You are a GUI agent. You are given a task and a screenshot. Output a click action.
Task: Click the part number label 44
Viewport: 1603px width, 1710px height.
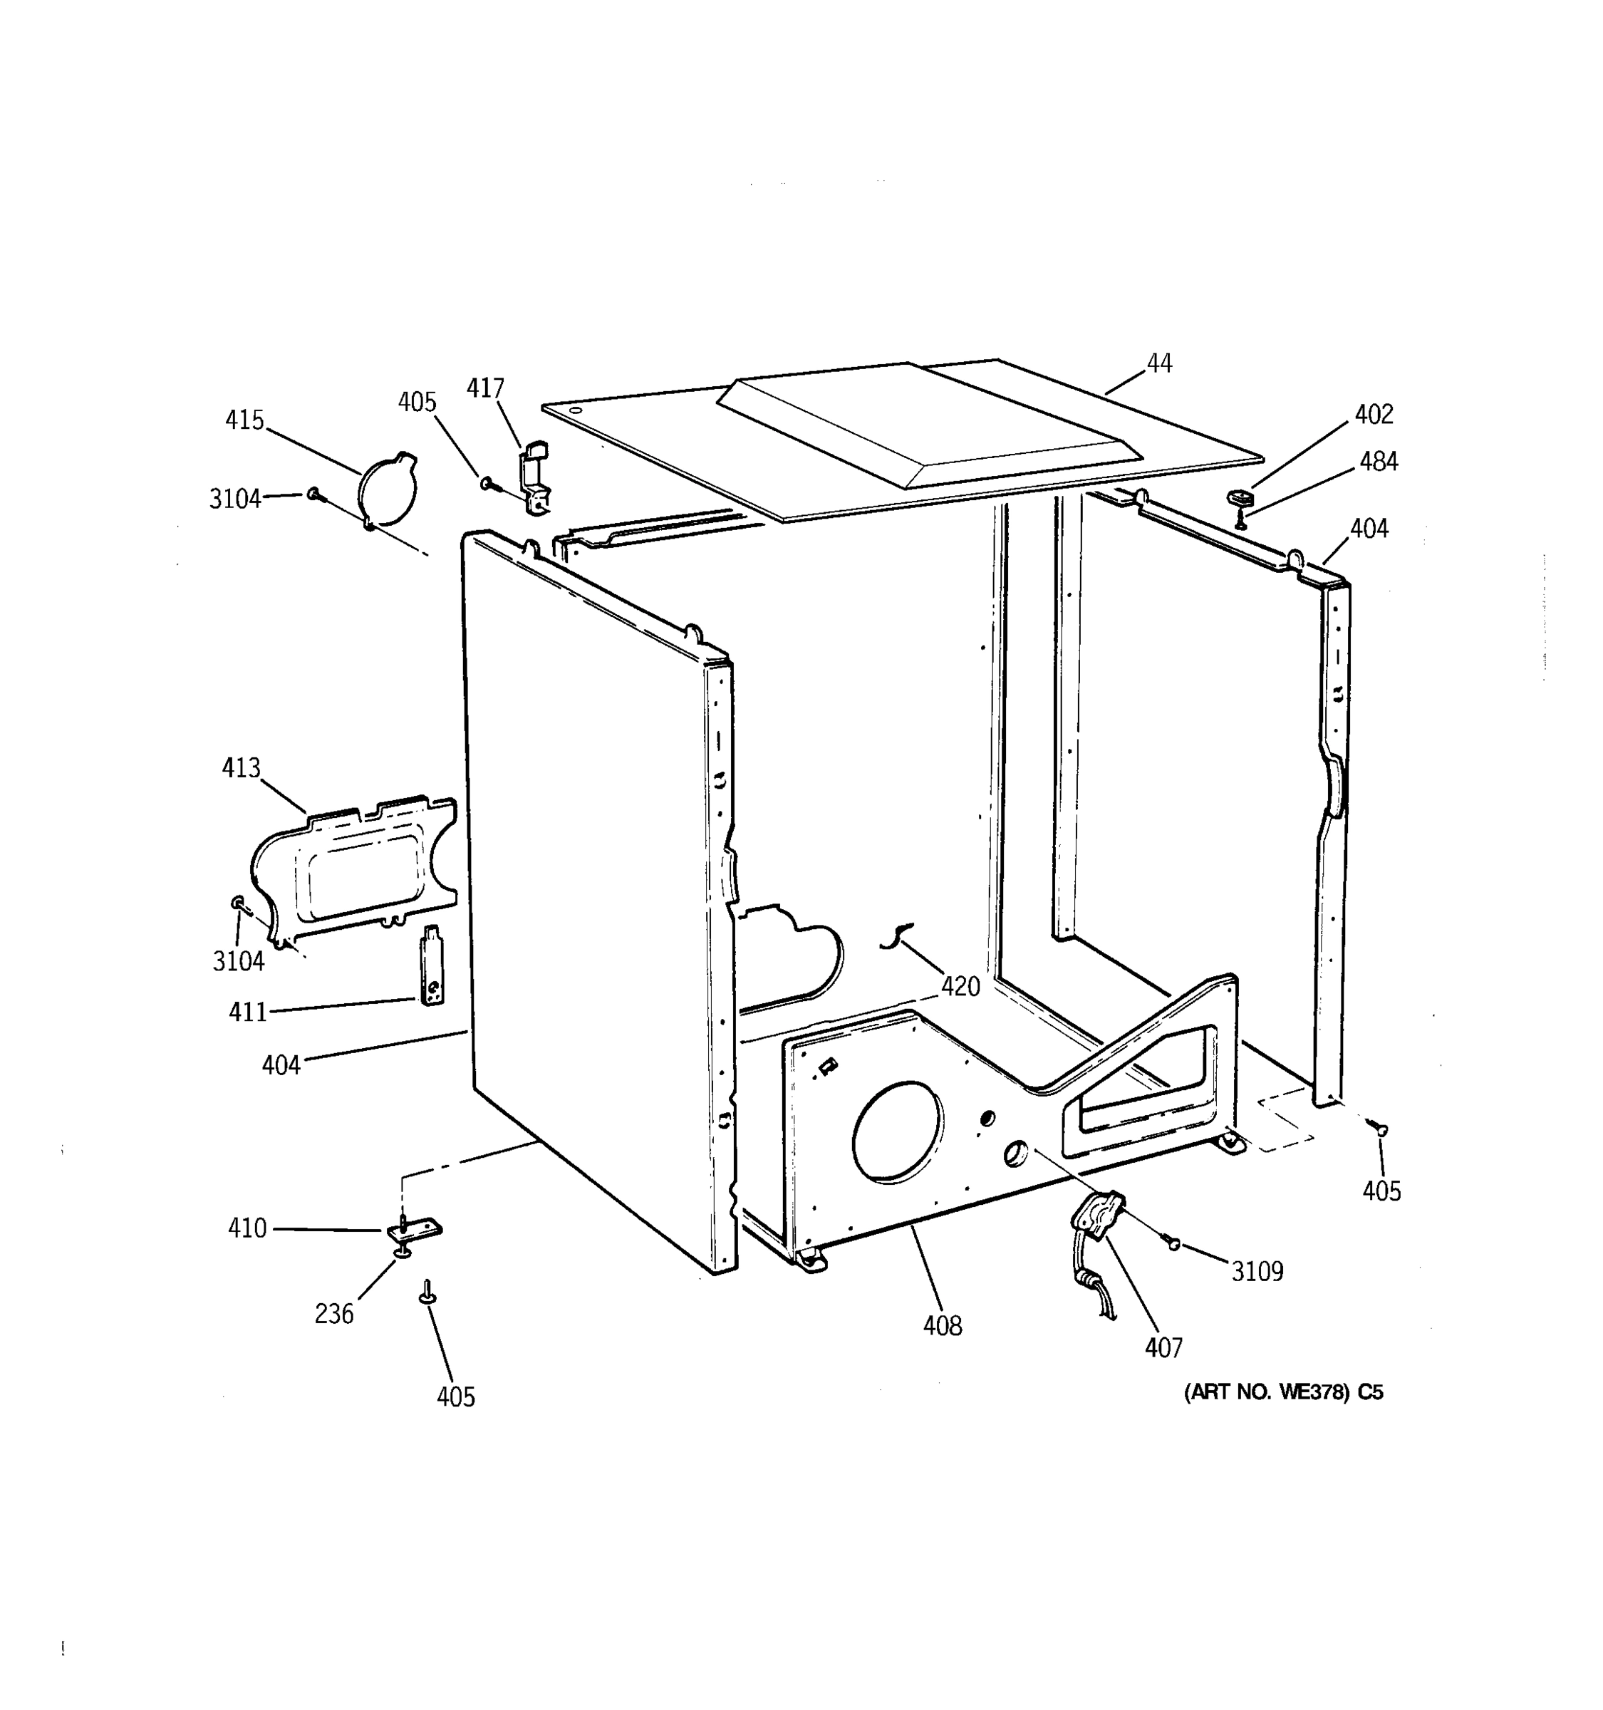pos(1158,364)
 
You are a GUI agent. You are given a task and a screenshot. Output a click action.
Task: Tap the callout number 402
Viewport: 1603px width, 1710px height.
pos(1374,415)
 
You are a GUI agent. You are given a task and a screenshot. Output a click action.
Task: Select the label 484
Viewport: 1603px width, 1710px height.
pos(1379,462)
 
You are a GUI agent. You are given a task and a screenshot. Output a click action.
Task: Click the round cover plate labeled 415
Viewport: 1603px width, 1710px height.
pos(387,490)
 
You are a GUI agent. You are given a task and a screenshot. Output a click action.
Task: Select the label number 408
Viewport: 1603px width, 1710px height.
pos(943,1327)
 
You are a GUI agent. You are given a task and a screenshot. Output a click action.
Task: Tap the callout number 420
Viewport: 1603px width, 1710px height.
pos(960,987)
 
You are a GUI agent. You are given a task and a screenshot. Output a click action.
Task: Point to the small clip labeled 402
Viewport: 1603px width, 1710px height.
pos(1240,497)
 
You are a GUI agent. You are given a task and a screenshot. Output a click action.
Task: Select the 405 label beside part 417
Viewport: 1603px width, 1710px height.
pos(417,403)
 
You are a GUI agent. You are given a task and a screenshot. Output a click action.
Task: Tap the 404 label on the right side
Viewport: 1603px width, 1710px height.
pos(1368,529)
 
